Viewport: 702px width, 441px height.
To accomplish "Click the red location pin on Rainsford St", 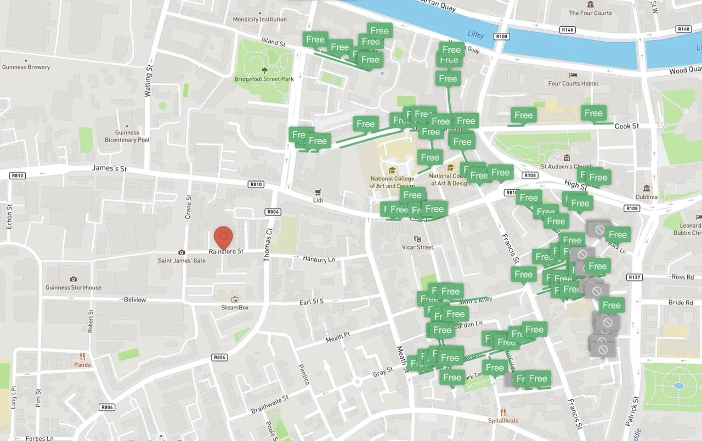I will [x=223, y=238].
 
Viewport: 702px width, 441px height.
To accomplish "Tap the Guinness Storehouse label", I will [x=73, y=287].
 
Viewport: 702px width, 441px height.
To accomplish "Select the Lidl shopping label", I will [x=318, y=200].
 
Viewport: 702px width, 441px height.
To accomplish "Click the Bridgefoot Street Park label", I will [x=264, y=79].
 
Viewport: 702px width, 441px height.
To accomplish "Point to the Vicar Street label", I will [x=417, y=247].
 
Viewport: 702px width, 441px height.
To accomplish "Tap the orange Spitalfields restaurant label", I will [x=503, y=421].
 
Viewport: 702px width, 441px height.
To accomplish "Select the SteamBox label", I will [x=235, y=307].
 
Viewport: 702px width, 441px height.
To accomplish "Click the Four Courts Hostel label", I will [x=573, y=83].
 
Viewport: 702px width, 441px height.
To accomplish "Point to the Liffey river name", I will [x=475, y=34].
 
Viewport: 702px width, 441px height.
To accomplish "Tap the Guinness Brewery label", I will [x=26, y=67].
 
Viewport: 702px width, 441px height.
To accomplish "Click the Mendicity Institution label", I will [x=259, y=19].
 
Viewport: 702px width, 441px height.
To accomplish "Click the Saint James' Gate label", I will [x=182, y=261].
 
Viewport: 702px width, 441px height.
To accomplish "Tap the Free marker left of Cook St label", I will [x=593, y=114].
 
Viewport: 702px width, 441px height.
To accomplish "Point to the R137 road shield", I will [x=635, y=277].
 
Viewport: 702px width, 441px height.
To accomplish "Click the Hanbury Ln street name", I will [x=319, y=259].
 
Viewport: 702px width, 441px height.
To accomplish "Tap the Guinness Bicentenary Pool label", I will [x=127, y=136].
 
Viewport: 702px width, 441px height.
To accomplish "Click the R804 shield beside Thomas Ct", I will [x=273, y=211].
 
